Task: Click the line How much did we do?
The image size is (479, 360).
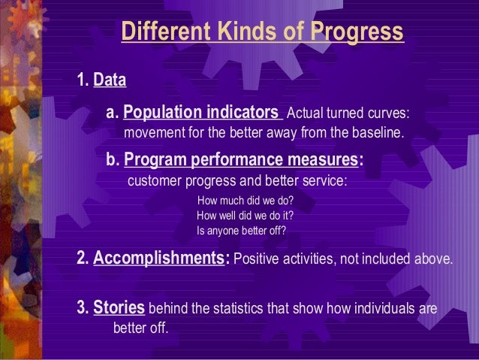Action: click(x=244, y=201)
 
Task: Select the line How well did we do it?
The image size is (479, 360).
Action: click(x=244, y=216)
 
